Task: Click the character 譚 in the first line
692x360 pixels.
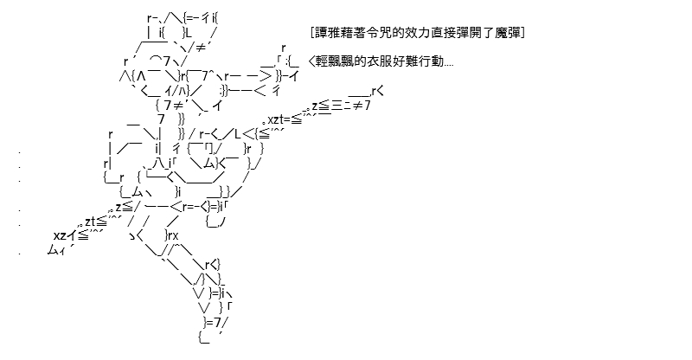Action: [x=321, y=33]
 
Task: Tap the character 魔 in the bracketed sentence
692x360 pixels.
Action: [x=501, y=33]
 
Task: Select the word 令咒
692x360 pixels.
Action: [x=373, y=33]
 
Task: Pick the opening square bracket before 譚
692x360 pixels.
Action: [x=312, y=33]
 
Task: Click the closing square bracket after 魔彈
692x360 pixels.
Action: [x=522, y=33]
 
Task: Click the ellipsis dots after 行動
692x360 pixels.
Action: [x=448, y=66]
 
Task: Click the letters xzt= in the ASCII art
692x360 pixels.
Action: [x=279, y=119]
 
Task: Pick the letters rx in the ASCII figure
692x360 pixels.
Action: [x=172, y=235]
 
